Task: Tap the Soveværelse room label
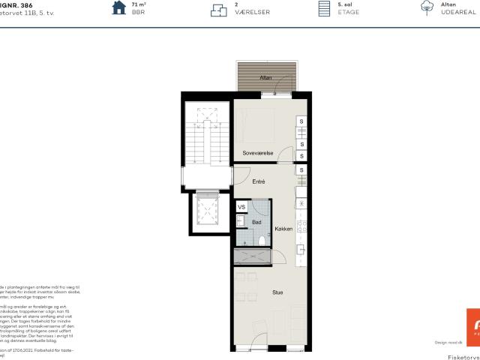[x=257, y=152]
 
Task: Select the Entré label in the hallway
[x=258, y=181]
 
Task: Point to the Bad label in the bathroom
[x=256, y=222]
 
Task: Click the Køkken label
[x=283, y=228]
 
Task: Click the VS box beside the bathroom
[x=241, y=207]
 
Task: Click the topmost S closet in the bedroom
[x=301, y=121]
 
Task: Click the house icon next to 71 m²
[x=118, y=8]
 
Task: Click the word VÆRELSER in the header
[x=247, y=13]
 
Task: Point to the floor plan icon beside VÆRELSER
[x=218, y=9]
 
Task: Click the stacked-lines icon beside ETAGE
[x=324, y=8]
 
